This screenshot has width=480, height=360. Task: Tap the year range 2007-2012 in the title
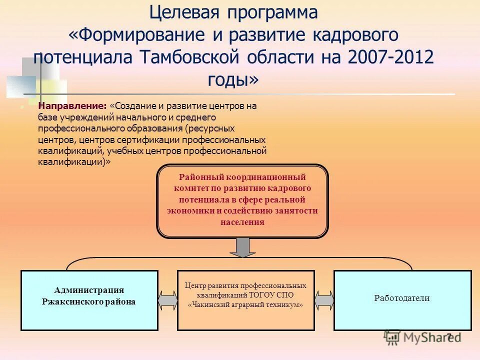point(390,56)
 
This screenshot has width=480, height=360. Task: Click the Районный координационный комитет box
point(242,200)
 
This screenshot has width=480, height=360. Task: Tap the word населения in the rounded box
point(242,222)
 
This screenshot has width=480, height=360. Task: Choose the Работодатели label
point(402,298)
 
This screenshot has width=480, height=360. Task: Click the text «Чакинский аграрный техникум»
point(245,304)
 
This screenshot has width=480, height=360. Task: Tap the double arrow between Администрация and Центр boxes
point(167,300)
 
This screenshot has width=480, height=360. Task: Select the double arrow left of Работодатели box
point(324,300)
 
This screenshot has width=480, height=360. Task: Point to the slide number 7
point(449,336)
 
